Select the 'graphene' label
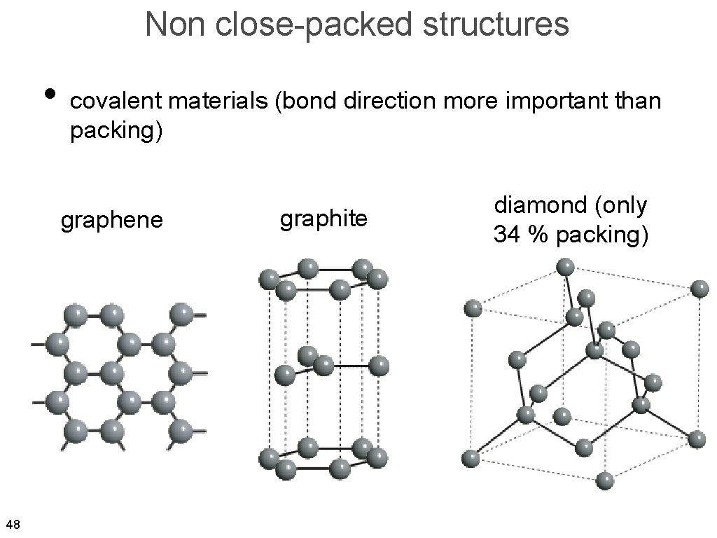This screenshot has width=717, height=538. tap(112, 220)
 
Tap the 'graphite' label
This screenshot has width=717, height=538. tap(323, 219)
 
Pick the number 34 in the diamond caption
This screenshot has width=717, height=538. tap(506, 234)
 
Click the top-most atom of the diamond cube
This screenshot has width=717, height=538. tap(565, 267)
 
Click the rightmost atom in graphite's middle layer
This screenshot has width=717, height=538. tap(379, 366)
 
